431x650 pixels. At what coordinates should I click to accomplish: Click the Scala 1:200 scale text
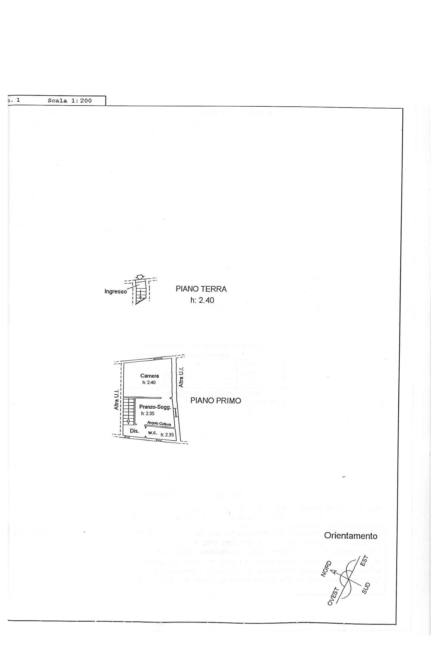click(69, 101)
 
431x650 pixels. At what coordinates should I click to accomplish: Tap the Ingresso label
click(115, 291)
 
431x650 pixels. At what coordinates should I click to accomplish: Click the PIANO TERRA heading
click(201, 289)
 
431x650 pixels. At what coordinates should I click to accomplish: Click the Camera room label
click(150, 376)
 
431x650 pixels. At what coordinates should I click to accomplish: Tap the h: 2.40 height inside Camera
click(149, 382)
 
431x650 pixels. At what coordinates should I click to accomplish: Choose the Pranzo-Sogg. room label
click(155, 407)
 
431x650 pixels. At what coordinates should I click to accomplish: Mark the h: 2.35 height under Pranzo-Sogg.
click(148, 413)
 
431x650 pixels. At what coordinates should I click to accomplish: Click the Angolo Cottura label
click(159, 423)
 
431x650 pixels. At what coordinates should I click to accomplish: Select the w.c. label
click(153, 432)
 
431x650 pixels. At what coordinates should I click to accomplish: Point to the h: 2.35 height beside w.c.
click(167, 435)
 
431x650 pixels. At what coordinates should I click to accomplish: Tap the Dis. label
click(134, 431)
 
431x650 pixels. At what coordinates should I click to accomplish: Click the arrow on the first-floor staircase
click(128, 422)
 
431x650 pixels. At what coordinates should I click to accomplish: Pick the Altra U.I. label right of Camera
click(181, 377)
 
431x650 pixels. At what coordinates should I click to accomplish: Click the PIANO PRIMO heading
click(216, 401)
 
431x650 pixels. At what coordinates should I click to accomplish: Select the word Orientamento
click(350, 536)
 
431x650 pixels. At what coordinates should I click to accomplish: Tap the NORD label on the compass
click(327, 569)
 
